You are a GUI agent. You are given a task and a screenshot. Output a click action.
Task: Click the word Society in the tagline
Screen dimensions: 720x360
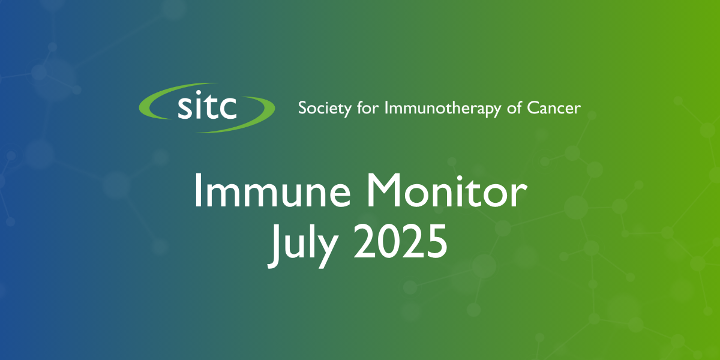coord(325,109)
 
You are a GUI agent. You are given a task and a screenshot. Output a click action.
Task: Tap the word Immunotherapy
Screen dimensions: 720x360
coord(443,109)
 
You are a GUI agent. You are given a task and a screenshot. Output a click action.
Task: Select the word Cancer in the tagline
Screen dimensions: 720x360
coord(553,108)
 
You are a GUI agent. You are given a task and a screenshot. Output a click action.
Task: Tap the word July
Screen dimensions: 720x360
coord(303,245)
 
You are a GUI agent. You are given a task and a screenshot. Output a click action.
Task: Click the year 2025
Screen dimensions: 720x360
coord(400,241)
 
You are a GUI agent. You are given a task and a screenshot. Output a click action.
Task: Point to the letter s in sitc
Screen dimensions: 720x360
coord(185,109)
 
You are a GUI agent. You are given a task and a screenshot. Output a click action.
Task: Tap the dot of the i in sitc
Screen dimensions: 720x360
coord(200,93)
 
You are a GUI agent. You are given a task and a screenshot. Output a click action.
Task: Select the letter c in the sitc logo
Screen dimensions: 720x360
coord(227,109)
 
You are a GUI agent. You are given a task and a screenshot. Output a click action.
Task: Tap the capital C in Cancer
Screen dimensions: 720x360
coord(533,108)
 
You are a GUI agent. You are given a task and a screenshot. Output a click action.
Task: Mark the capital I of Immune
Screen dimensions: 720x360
coord(197,190)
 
